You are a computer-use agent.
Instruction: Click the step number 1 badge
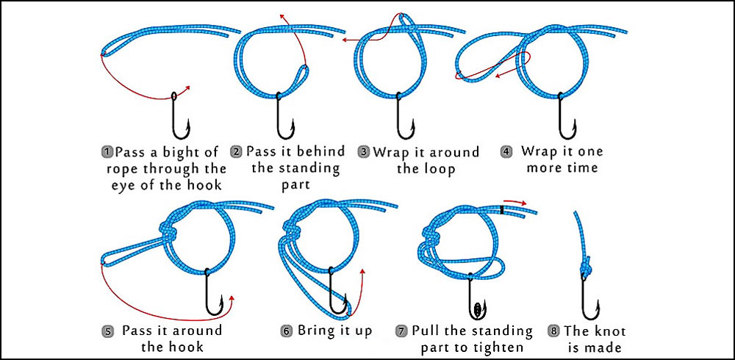(107, 152)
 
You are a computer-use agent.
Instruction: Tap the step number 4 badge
(506, 152)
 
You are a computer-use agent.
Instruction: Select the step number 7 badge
(401, 331)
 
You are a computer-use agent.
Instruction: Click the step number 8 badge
(553, 331)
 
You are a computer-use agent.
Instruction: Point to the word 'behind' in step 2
(318, 151)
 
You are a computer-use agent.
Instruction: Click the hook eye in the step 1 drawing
(173, 96)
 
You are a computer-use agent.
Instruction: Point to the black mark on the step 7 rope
(502, 210)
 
